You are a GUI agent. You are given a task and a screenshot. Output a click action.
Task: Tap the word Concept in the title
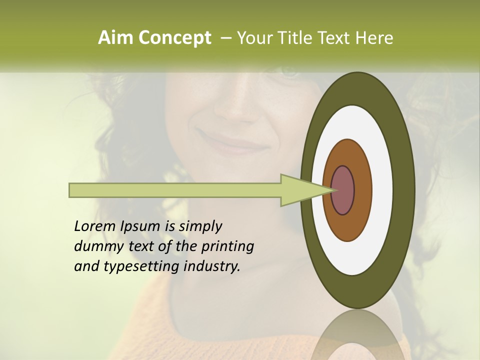(x=174, y=38)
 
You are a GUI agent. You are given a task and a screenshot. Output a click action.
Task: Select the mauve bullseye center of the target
(x=343, y=190)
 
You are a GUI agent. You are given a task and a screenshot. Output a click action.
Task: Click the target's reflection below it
(x=357, y=337)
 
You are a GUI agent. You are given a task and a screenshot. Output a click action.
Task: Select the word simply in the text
(x=199, y=227)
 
